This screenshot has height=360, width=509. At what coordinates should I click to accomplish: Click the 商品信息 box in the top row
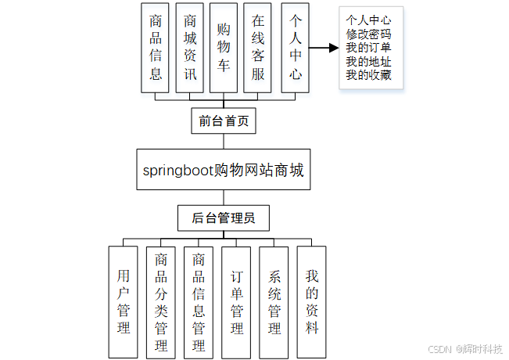(x=156, y=48)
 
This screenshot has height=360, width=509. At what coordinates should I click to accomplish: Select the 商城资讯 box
(x=190, y=48)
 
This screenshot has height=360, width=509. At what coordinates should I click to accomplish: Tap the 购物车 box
(x=224, y=48)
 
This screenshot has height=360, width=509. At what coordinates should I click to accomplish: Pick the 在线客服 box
(x=258, y=48)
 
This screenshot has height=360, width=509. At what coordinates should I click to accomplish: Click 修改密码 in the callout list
(x=369, y=34)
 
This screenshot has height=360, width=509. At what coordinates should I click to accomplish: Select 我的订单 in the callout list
(x=369, y=48)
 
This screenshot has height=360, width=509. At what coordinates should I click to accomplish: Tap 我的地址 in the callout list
(x=369, y=62)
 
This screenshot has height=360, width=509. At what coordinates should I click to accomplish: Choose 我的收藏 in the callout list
(x=369, y=75)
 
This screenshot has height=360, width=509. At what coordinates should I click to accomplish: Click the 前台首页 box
(x=224, y=121)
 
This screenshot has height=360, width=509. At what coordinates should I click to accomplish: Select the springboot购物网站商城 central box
(x=224, y=169)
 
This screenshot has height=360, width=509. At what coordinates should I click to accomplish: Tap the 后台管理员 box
(x=224, y=218)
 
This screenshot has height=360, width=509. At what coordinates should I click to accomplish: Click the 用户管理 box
(x=124, y=302)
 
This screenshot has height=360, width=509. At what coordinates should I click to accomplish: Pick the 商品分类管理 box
(x=161, y=302)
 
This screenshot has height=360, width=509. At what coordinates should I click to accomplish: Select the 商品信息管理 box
(x=199, y=302)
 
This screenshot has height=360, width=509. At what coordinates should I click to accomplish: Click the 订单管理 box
(x=237, y=302)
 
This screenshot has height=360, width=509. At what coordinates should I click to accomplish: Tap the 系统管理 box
(x=274, y=302)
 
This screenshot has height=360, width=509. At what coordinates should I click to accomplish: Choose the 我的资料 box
(x=312, y=302)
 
